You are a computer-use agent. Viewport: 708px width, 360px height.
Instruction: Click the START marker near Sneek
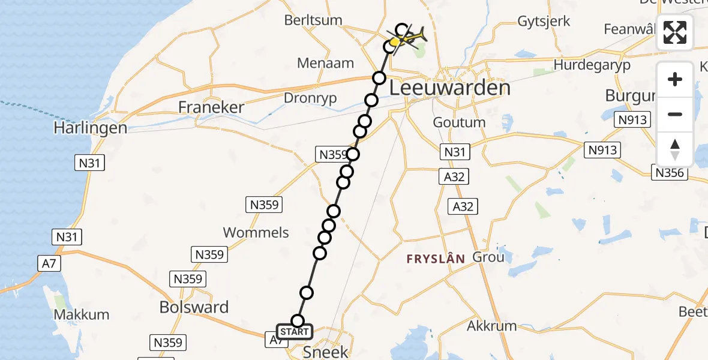click(x=294, y=332)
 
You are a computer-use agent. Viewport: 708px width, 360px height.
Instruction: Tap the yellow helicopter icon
click(x=409, y=37)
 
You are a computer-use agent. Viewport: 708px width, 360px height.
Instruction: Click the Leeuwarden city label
click(x=450, y=88)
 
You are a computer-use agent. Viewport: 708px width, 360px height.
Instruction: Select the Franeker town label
click(x=211, y=107)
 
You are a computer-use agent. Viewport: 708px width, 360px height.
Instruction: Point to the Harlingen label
click(x=90, y=128)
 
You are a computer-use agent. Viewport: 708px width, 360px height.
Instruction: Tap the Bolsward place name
click(x=194, y=307)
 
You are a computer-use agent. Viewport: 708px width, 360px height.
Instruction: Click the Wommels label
click(x=256, y=233)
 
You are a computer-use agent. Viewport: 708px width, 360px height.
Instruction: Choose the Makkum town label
click(x=82, y=314)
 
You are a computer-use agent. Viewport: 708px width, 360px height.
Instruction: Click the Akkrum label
click(x=491, y=326)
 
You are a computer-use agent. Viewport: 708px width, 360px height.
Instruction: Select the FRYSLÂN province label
click(x=436, y=259)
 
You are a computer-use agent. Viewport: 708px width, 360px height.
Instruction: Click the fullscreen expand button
click(x=675, y=32)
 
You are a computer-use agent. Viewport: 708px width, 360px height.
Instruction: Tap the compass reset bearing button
click(x=675, y=149)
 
